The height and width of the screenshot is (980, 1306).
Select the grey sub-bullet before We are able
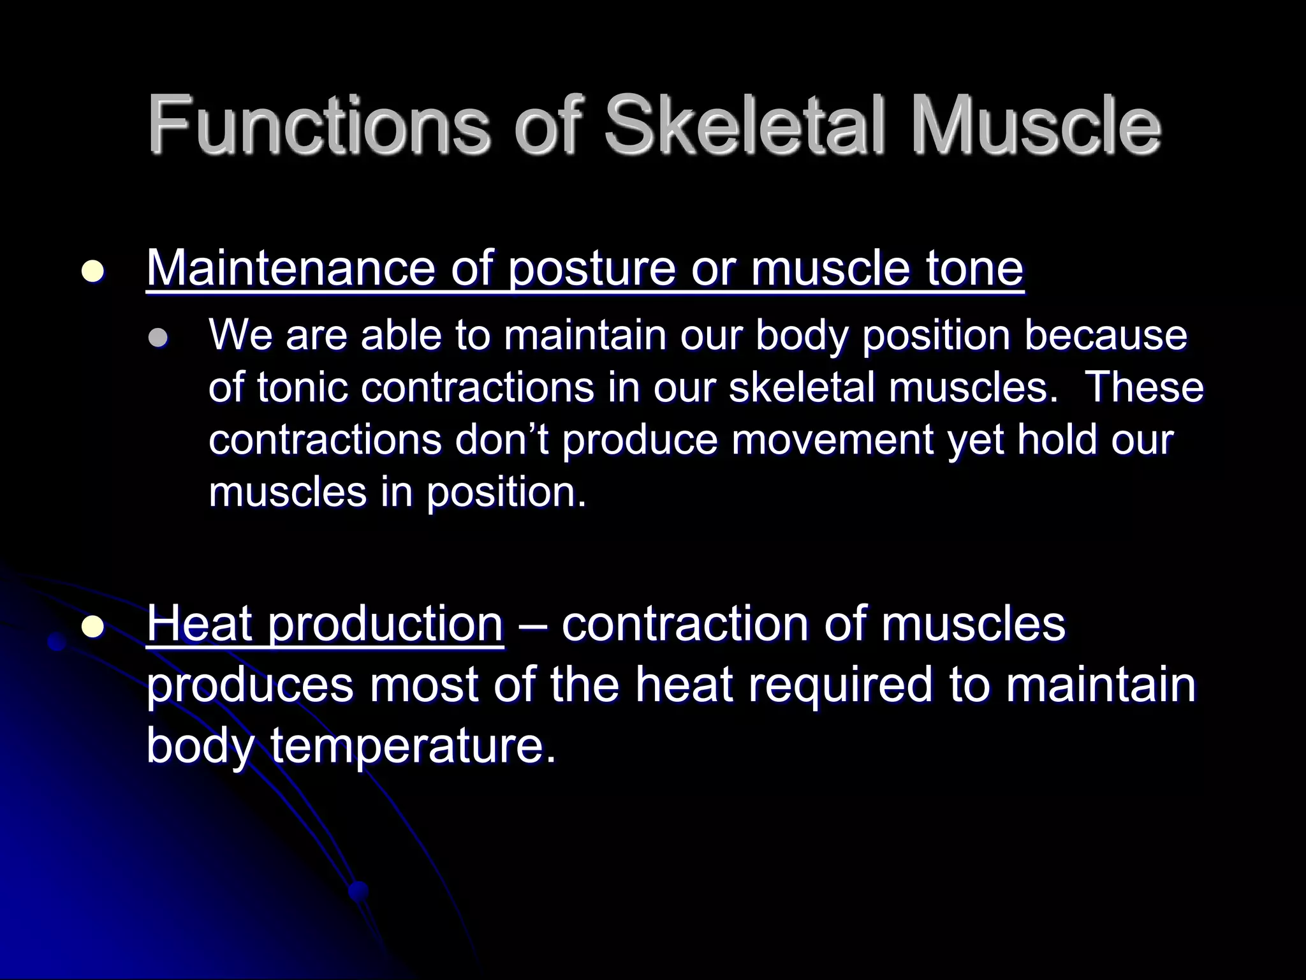coord(157,338)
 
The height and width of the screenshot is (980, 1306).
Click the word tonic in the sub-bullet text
coord(304,387)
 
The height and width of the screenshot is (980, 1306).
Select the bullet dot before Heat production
coord(93,627)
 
